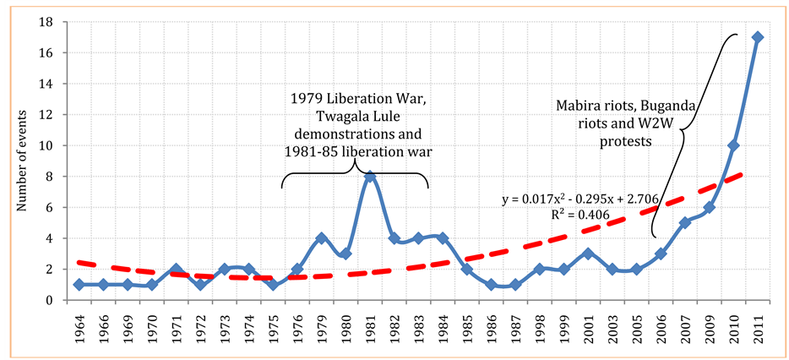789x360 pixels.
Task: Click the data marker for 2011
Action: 759,37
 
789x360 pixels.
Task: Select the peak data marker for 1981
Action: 369,177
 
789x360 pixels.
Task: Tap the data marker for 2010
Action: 734,145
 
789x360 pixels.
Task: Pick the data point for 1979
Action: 321,238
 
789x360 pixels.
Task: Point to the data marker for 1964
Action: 79,285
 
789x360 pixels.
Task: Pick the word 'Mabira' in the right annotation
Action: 577,106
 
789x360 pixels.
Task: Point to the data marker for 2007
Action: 686,223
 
